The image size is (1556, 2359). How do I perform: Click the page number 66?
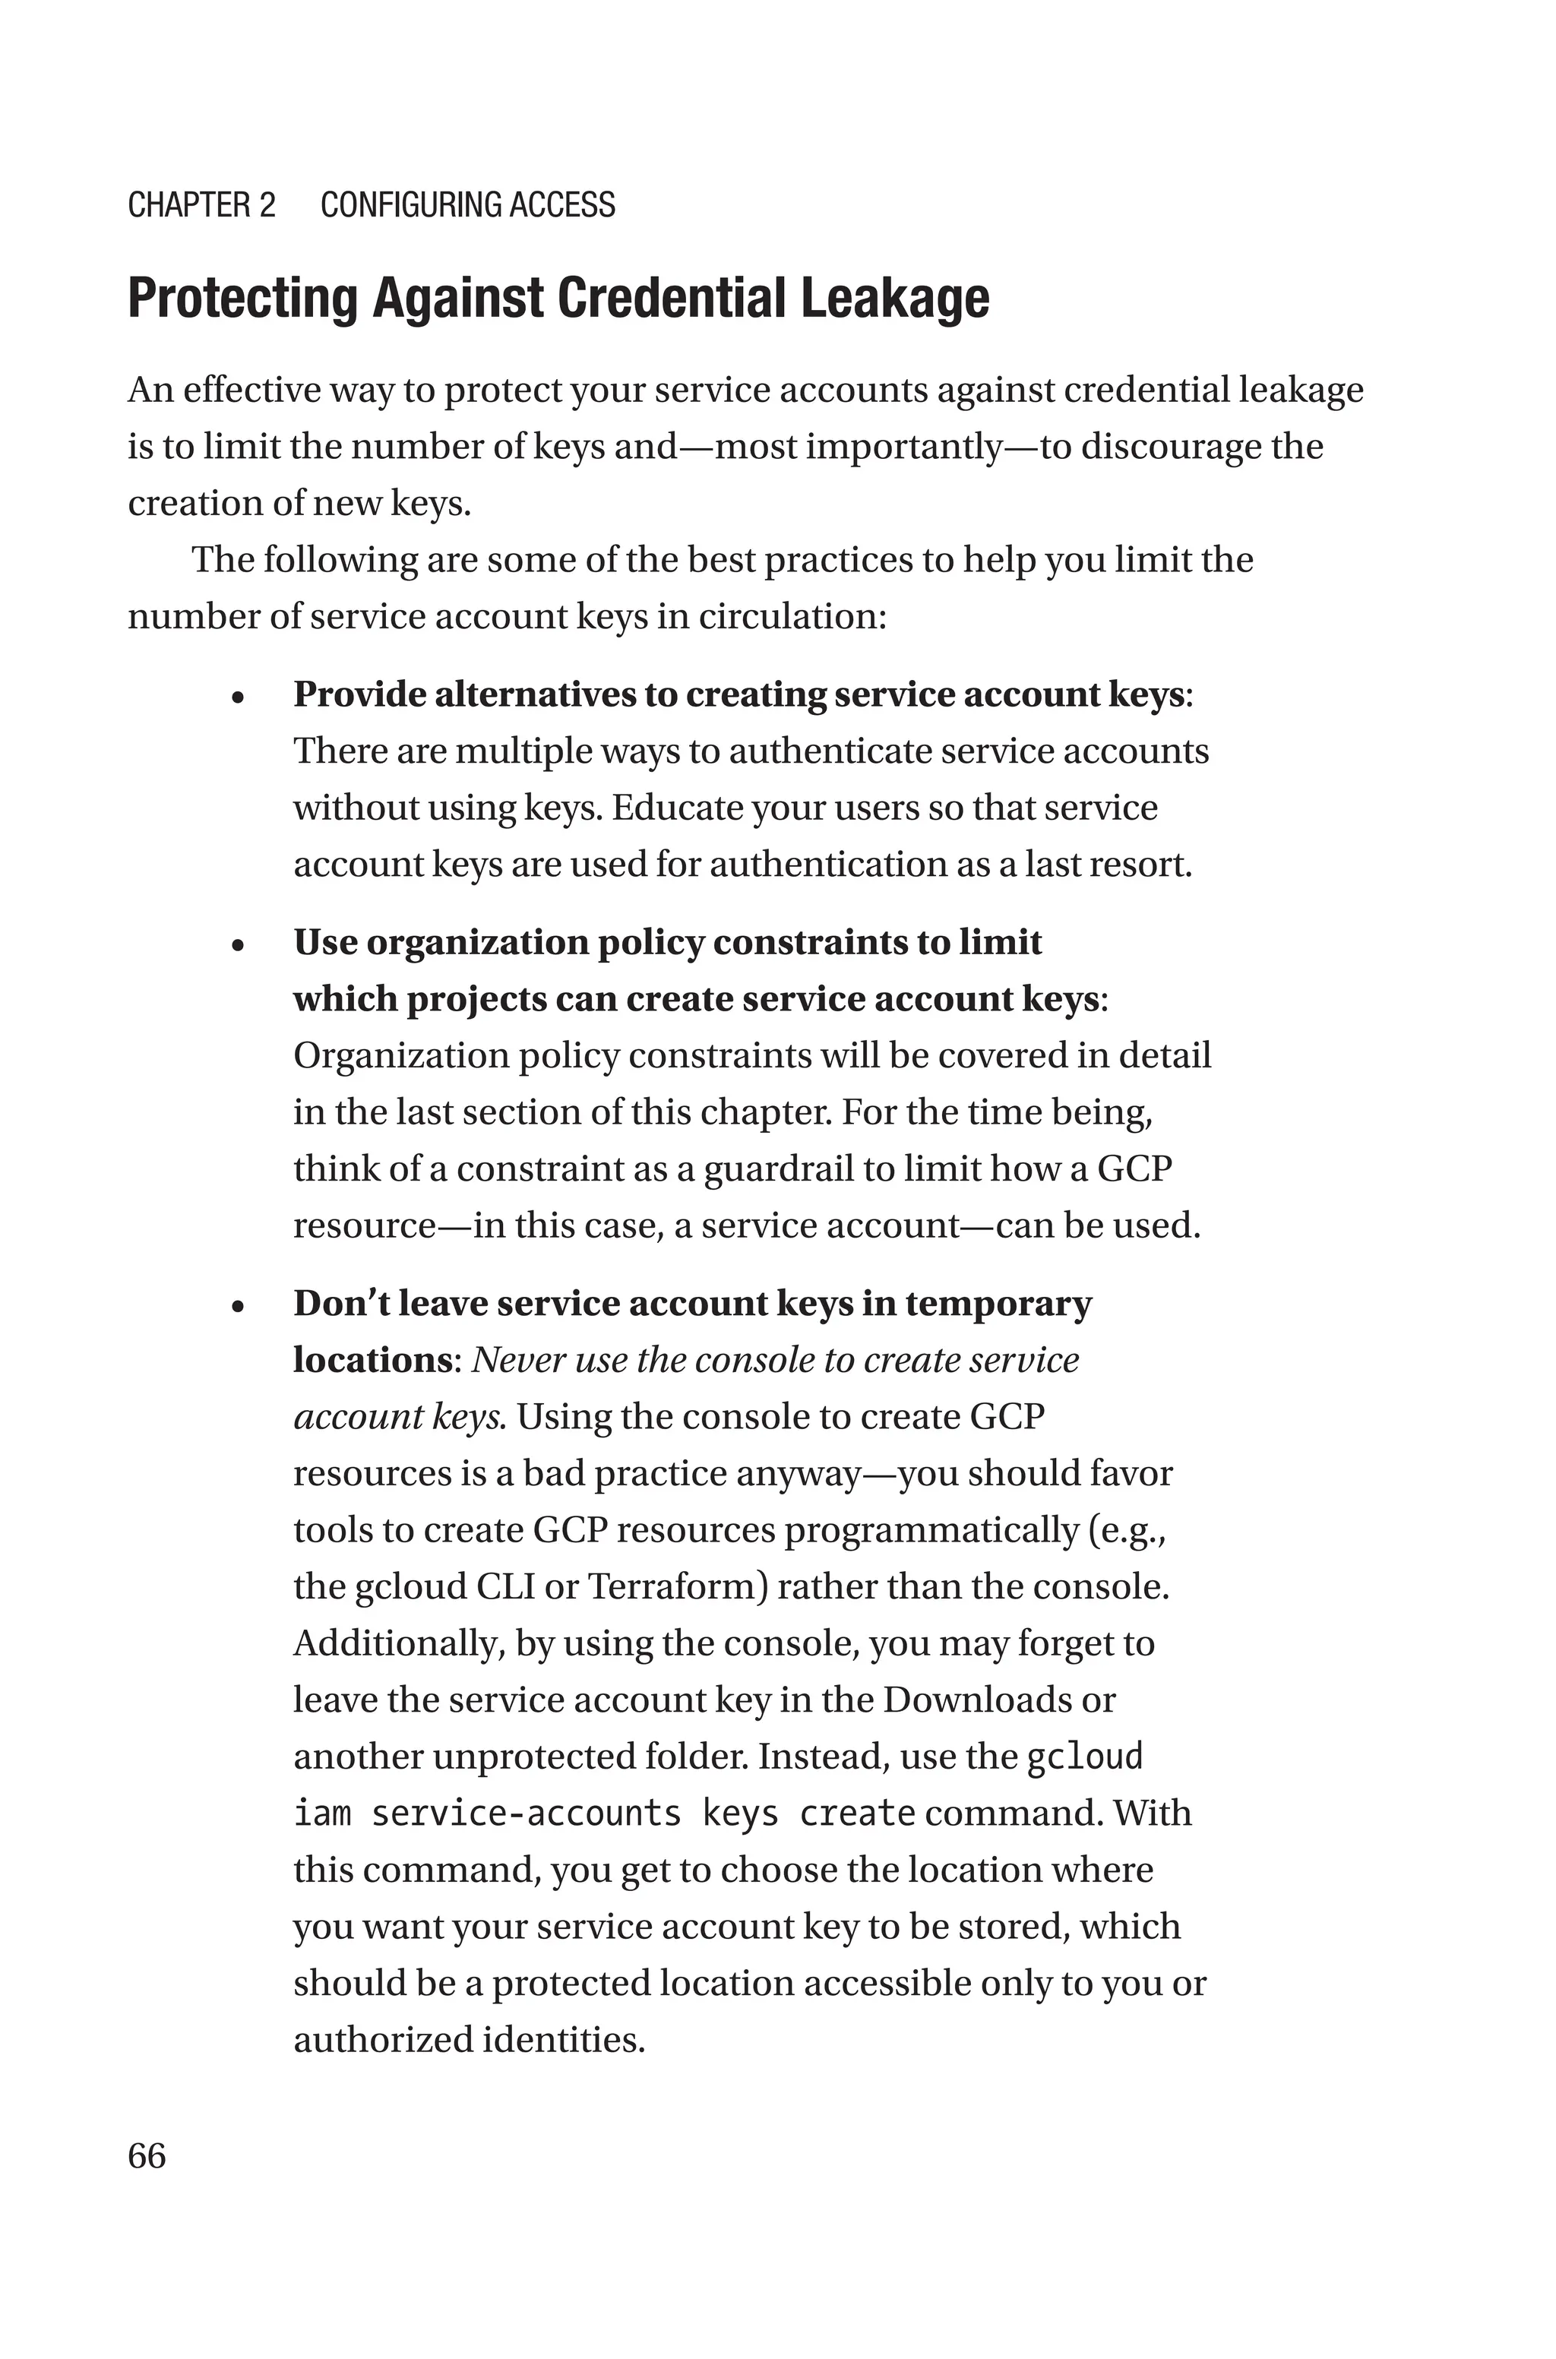pyautogui.click(x=147, y=2155)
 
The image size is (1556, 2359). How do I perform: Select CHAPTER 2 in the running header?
pyautogui.click(x=201, y=205)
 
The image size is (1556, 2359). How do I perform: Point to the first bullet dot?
pyautogui.click(x=237, y=698)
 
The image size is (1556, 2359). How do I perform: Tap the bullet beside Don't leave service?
pyautogui.click(x=237, y=1308)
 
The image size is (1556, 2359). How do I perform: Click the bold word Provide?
pyautogui.click(x=359, y=694)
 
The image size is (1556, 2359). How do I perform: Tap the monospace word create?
pyautogui.click(x=857, y=1814)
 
